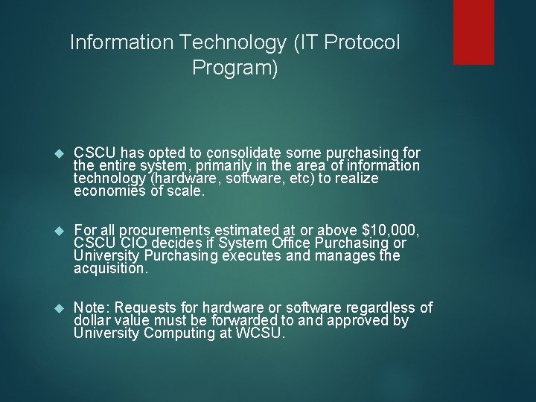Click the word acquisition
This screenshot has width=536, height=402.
[111, 268]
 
